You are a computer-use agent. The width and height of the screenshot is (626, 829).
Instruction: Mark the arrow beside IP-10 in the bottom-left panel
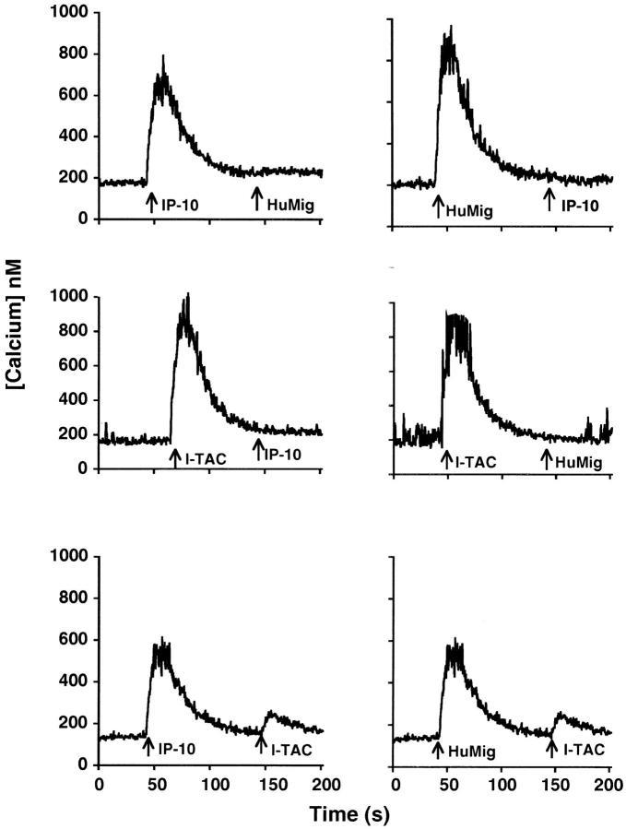click(148, 746)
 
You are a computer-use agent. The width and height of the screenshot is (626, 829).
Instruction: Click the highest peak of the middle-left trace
click(187, 295)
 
